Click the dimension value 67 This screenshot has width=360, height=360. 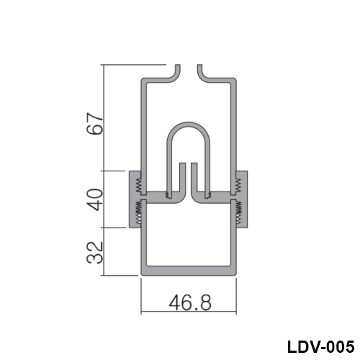[x=95, y=123]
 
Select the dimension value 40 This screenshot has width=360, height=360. [x=95, y=199]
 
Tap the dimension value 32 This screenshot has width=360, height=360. [x=95, y=252]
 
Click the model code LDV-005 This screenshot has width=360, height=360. [x=320, y=346]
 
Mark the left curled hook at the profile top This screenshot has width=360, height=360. [x=175, y=73]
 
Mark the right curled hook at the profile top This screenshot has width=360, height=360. [x=202, y=73]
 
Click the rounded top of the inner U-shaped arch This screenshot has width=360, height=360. [x=189, y=125]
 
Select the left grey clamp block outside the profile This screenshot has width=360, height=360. [x=135, y=199]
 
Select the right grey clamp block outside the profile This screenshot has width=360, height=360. [x=242, y=199]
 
